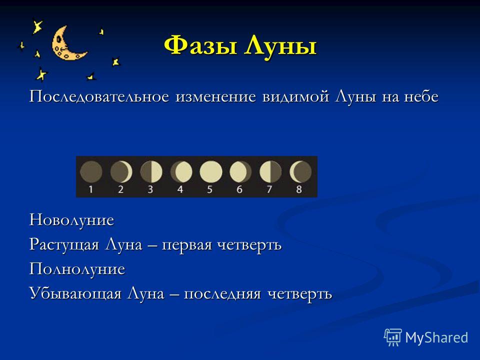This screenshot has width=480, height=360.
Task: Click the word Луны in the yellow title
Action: [280, 46]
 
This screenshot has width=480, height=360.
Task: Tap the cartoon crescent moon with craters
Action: [67, 43]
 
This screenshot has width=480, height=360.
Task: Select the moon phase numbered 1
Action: [91, 171]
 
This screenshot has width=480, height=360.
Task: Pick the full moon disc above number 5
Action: [211, 171]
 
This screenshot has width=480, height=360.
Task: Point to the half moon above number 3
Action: [151, 171]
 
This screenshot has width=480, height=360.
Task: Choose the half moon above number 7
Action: [270, 171]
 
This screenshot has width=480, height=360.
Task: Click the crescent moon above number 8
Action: [300, 171]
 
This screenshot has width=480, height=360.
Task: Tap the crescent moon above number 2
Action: [121, 171]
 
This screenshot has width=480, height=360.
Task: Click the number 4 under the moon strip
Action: [180, 189]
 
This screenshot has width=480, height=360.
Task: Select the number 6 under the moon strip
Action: [239, 189]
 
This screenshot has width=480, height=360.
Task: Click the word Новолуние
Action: [71, 220]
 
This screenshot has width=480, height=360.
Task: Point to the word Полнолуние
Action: [77, 269]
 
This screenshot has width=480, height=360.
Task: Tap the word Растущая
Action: [64, 245]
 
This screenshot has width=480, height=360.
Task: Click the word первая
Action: [186, 245]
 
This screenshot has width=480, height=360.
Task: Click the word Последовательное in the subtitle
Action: [99, 97]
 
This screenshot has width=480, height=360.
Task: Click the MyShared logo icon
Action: [393, 337]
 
